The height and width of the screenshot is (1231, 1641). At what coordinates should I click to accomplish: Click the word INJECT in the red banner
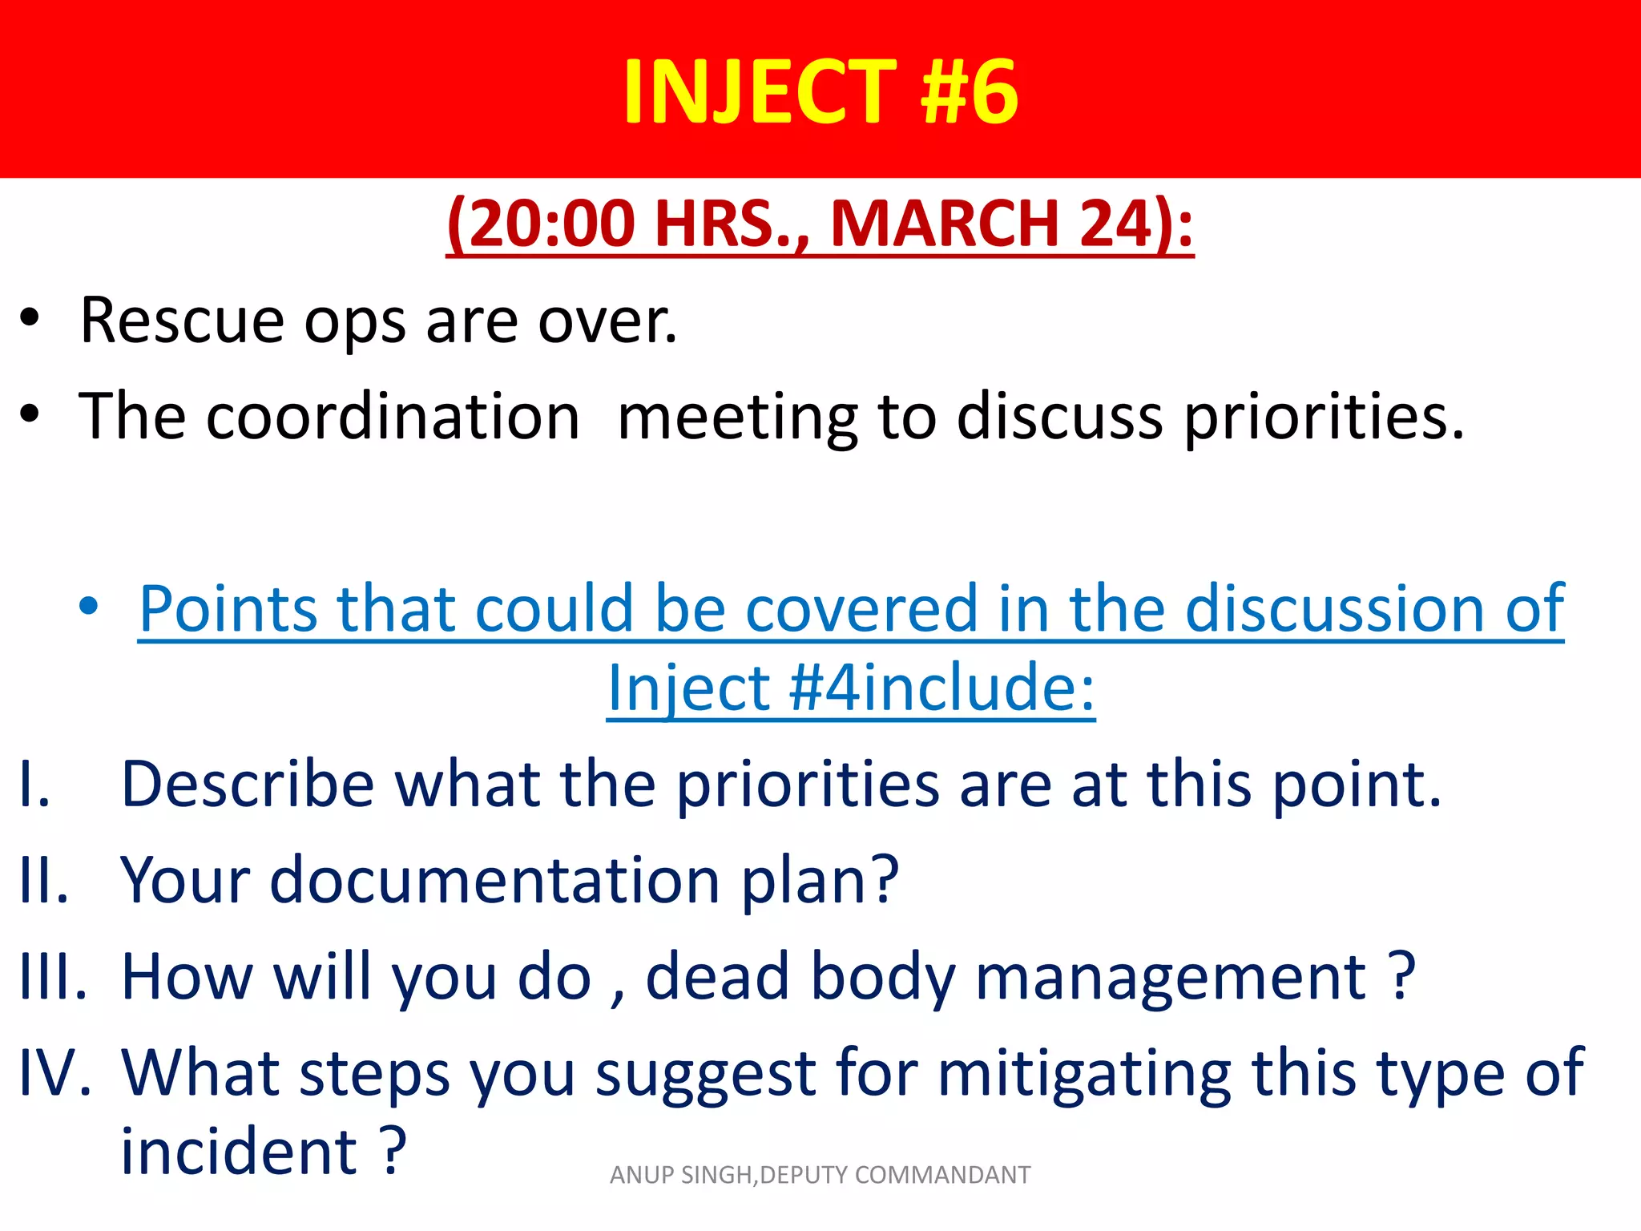click(759, 92)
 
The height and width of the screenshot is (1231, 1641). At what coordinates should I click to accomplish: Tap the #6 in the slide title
click(970, 92)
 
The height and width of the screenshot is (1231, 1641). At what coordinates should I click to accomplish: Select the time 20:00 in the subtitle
click(552, 224)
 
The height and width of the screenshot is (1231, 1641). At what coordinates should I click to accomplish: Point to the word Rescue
click(182, 321)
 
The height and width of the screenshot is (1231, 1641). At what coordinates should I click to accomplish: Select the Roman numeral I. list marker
click(35, 784)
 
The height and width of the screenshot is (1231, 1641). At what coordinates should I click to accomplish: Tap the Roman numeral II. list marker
click(43, 880)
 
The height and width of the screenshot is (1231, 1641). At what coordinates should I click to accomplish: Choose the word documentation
click(495, 880)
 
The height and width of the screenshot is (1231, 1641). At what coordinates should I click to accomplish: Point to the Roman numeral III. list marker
click(53, 976)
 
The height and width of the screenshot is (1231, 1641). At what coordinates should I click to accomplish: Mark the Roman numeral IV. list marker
click(54, 1072)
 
